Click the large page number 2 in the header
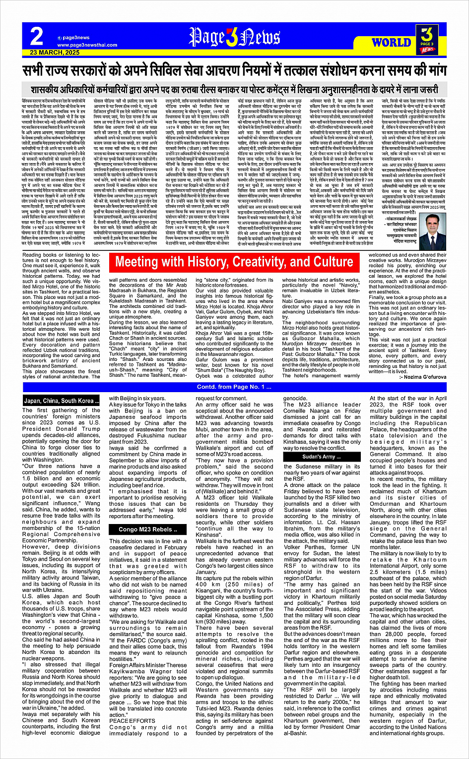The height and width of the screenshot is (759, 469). click(x=37, y=36)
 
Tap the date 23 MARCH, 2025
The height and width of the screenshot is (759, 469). click(x=55, y=52)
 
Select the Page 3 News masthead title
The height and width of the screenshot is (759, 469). click(x=234, y=37)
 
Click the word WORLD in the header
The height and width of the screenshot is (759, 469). click(x=391, y=42)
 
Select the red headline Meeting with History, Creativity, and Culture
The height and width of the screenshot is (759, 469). click(x=234, y=262)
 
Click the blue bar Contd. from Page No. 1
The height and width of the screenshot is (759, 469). click(x=234, y=387)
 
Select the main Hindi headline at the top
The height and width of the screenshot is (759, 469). click(x=234, y=70)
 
